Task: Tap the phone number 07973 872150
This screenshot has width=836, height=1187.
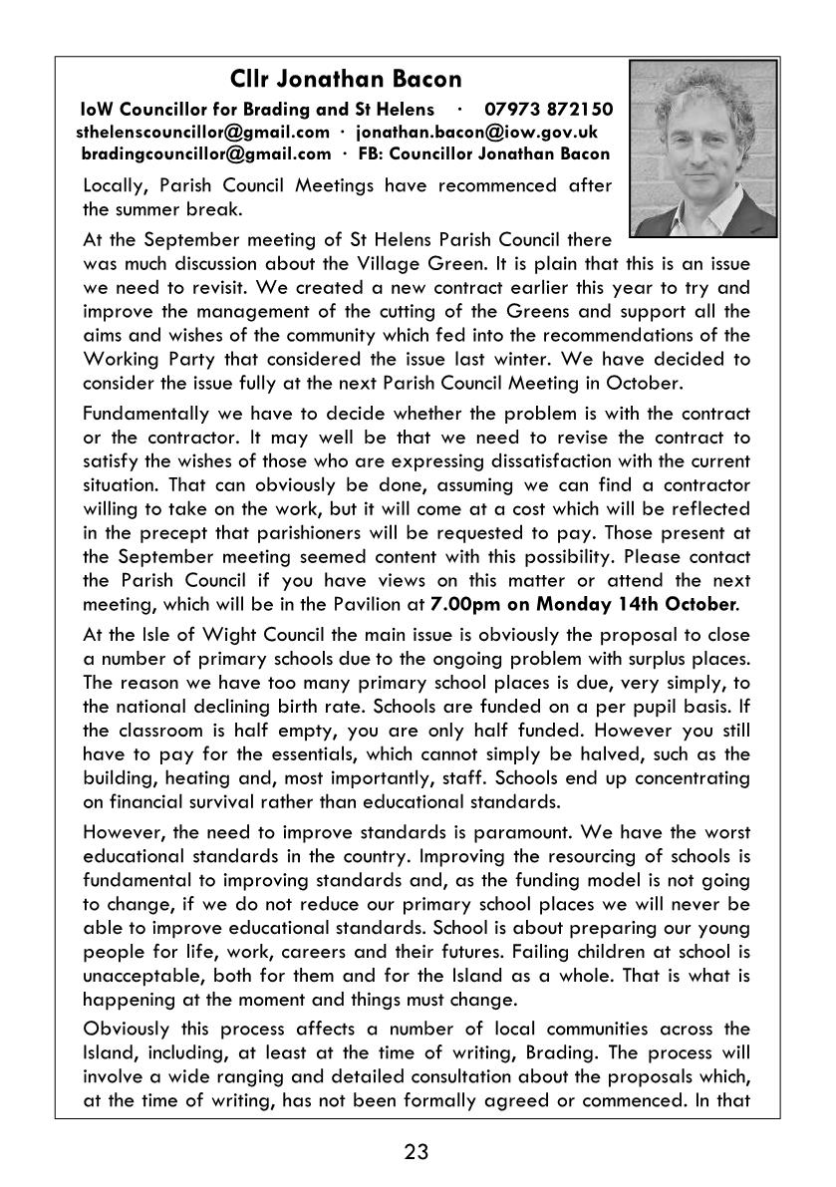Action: point(548,110)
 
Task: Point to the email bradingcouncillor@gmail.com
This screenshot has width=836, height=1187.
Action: point(206,153)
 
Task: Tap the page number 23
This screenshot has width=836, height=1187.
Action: point(417,1153)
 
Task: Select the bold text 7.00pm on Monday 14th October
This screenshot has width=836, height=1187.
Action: point(584,603)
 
